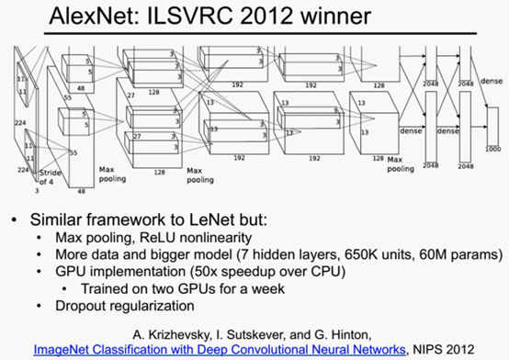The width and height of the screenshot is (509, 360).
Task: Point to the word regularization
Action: [x=171, y=305]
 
